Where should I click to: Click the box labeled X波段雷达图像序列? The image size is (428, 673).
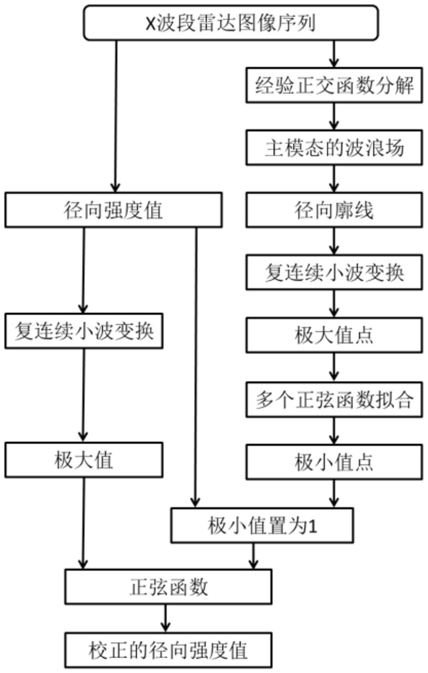click(x=230, y=23)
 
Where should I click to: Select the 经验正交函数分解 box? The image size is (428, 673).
click(x=334, y=85)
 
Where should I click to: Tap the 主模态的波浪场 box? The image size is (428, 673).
click(x=334, y=147)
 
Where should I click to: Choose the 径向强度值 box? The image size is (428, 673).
click(x=113, y=211)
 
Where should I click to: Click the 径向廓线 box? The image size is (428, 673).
click(x=334, y=211)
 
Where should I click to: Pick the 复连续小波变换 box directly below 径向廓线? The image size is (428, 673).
click(x=334, y=273)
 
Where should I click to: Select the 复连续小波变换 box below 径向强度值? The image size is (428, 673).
click(x=84, y=331)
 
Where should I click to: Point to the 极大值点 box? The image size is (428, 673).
click(x=334, y=335)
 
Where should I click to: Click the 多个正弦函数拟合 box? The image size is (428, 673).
click(x=334, y=398)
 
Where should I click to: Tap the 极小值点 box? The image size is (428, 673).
click(x=334, y=462)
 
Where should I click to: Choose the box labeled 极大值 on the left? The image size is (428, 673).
click(x=84, y=460)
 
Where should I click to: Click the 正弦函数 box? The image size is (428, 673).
click(x=169, y=586)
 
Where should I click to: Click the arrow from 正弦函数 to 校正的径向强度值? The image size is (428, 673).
click(x=166, y=618)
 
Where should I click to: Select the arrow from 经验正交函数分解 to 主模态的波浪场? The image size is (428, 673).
click(x=335, y=116)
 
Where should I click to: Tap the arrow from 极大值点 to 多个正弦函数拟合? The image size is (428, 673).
click(x=335, y=367)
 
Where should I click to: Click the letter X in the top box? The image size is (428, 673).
click(x=150, y=24)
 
